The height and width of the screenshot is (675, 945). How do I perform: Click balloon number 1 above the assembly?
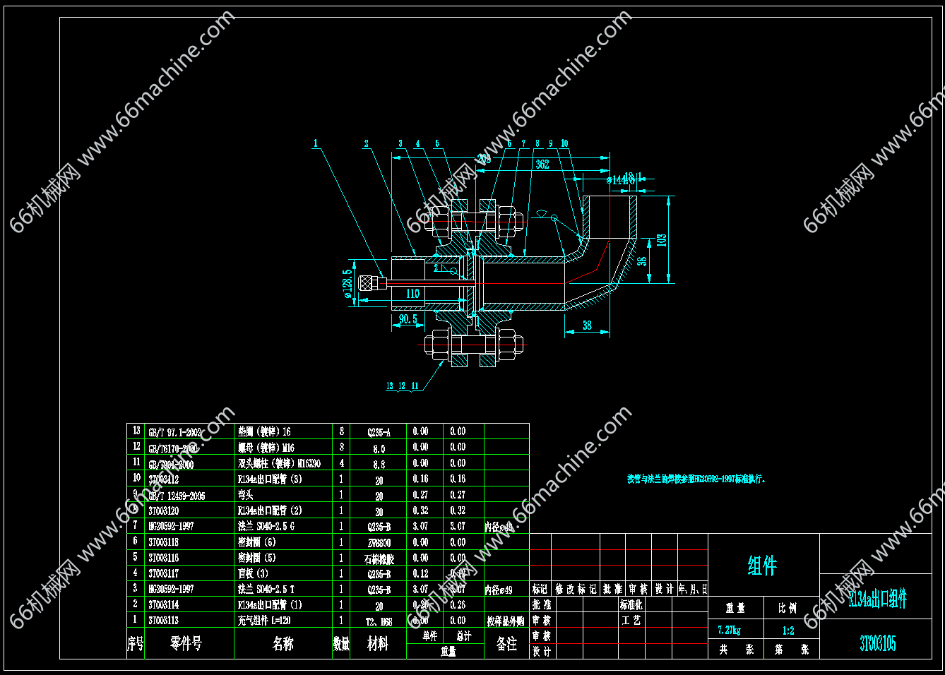pyautogui.click(x=316, y=143)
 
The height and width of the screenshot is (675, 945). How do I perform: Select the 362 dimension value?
pyautogui.click(x=542, y=165)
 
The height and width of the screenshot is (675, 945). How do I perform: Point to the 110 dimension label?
pyautogui.click(x=413, y=293)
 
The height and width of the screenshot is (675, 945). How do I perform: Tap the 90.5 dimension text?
pyautogui.click(x=408, y=319)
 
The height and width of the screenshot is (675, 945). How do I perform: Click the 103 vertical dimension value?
pyautogui.click(x=661, y=240)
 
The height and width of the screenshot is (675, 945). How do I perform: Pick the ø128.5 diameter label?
pyautogui.click(x=347, y=283)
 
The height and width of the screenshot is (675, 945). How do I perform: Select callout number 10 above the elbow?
pyautogui.click(x=564, y=143)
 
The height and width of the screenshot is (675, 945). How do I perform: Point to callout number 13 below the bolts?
pyautogui.click(x=390, y=386)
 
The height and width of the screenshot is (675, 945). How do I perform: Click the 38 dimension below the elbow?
pyautogui.click(x=587, y=325)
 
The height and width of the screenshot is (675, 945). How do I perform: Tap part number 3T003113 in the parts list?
pyautogui.click(x=164, y=620)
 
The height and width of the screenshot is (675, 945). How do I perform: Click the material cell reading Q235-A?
pyautogui.click(x=379, y=431)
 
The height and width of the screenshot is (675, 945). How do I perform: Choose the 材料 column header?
pyautogui.click(x=378, y=644)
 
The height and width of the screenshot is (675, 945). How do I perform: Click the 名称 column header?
pyautogui.click(x=283, y=644)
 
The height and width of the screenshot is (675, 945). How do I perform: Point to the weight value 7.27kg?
pyautogui.click(x=730, y=630)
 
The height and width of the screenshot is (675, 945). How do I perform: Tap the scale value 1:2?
pyautogui.click(x=788, y=631)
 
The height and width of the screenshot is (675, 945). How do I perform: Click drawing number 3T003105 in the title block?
pyautogui.click(x=877, y=643)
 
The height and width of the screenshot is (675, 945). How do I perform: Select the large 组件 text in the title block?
pyautogui.click(x=762, y=566)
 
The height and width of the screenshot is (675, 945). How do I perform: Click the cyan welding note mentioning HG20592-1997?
pyautogui.click(x=696, y=479)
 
